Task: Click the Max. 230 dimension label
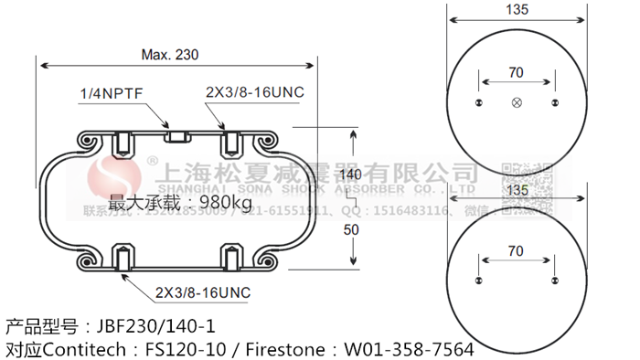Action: tap(169, 55)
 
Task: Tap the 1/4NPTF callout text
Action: tap(110, 93)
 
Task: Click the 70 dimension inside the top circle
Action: tap(516, 72)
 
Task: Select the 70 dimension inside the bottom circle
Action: tap(516, 249)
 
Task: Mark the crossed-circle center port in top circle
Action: tap(517, 102)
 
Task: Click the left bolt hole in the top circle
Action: tap(479, 102)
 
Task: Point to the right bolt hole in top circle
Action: tap(555, 102)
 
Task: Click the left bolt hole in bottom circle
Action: tap(479, 280)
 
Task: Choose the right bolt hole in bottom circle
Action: tap(555, 280)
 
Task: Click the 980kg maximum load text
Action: tap(219, 202)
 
